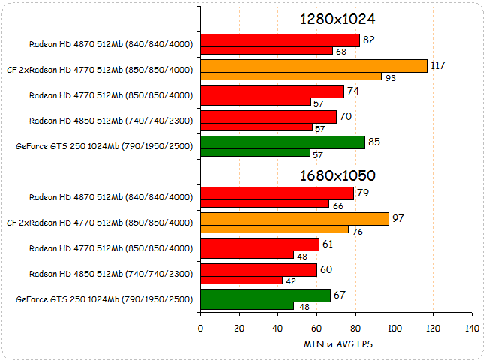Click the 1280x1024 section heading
(x=337, y=19)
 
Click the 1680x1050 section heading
(x=337, y=176)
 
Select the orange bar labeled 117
(x=313, y=66)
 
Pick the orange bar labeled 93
(x=291, y=76)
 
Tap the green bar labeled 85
(x=283, y=142)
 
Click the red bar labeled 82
(x=280, y=40)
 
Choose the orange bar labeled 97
(x=294, y=218)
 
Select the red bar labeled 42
(x=241, y=280)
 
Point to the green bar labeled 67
(x=265, y=295)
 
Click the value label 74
(x=352, y=91)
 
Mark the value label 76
(x=357, y=232)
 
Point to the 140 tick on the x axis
(x=472, y=328)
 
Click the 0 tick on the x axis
(x=200, y=328)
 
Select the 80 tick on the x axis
(x=355, y=328)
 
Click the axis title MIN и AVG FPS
(x=337, y=344)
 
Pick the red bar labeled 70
(x=268, y=117)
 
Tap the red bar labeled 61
(x=259, y=244)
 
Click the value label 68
(x=341, y=52)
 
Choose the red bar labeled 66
(x=265, y=204)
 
